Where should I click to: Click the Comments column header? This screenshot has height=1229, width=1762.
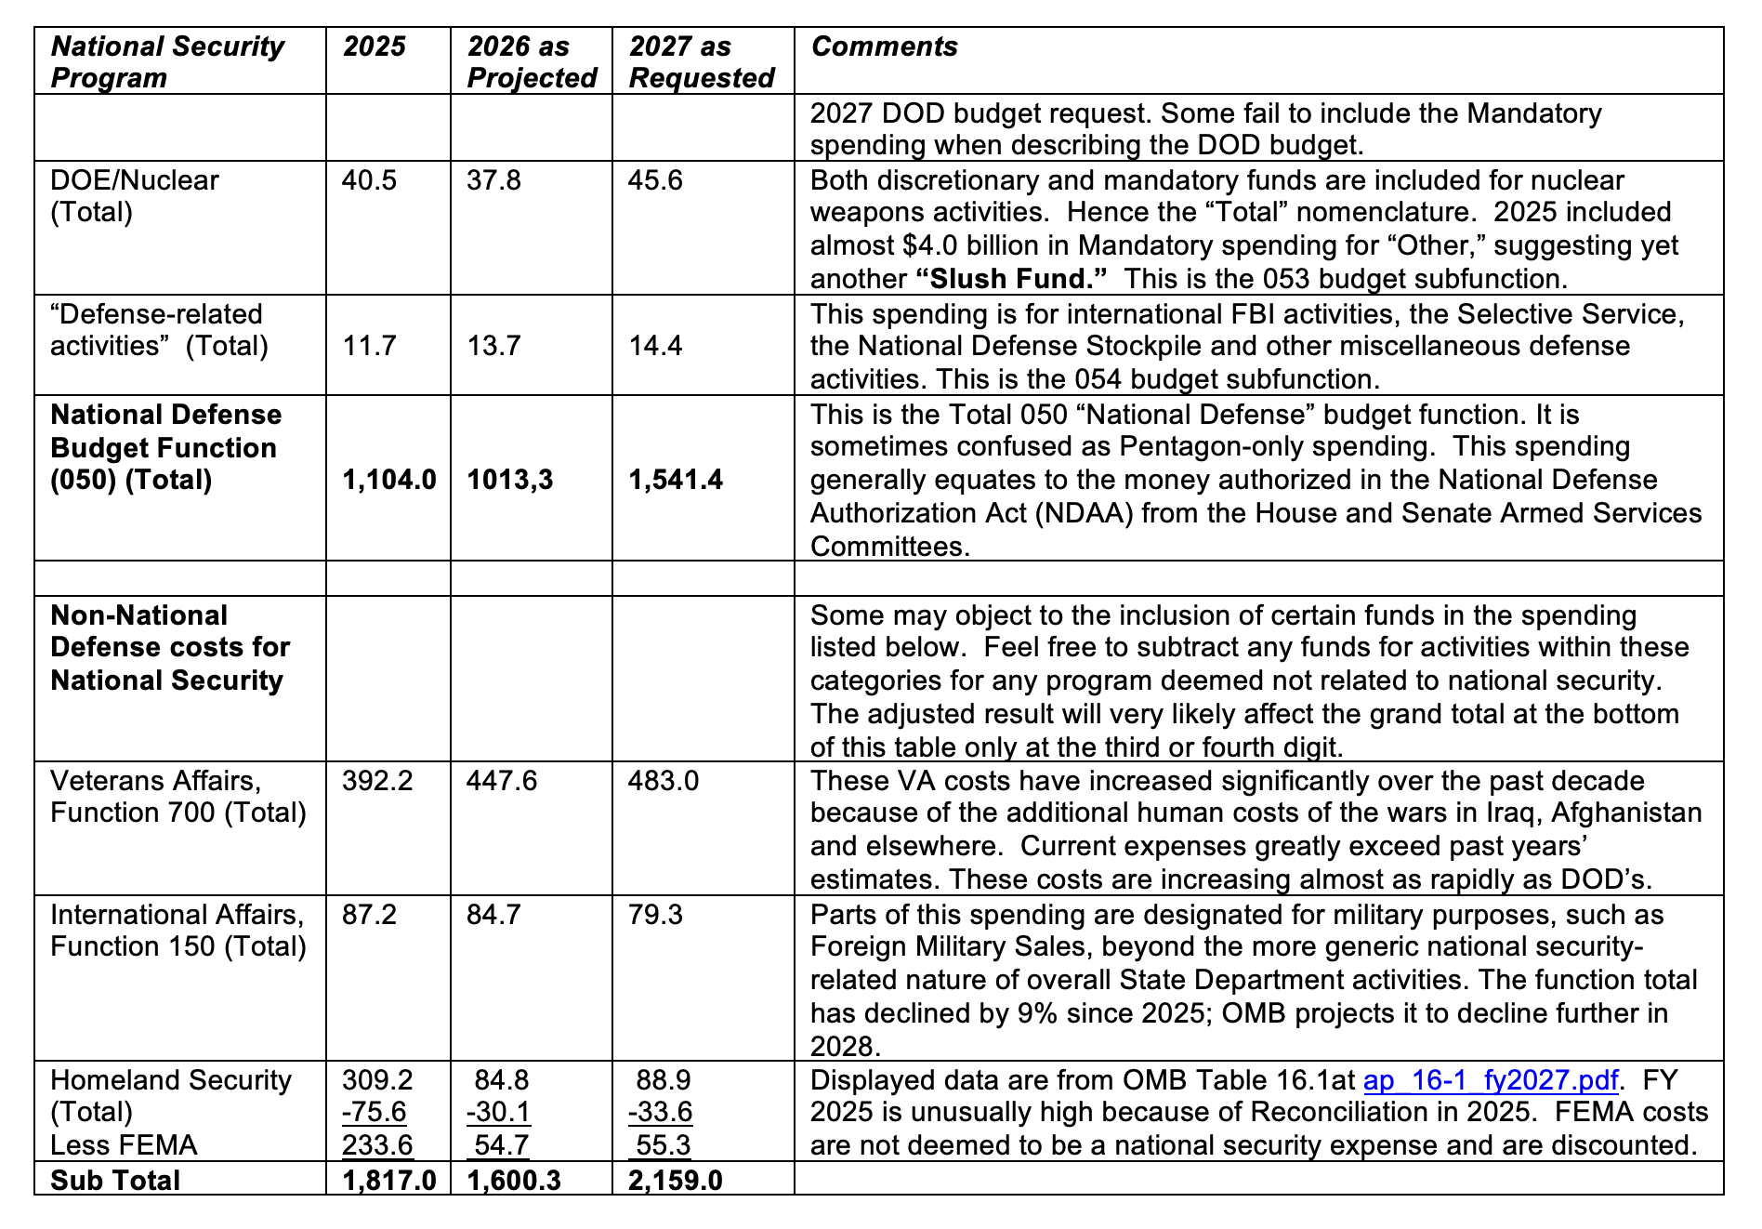884,46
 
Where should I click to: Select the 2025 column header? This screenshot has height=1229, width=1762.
374,46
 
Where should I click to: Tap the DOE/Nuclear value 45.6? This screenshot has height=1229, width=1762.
655,179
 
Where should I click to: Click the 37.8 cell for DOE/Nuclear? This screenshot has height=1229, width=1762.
493,179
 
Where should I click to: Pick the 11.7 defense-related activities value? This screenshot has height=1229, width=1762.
369,346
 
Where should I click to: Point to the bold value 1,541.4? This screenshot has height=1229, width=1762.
676,480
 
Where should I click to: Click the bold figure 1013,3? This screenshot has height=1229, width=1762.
510,480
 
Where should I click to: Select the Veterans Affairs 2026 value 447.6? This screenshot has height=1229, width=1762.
502,780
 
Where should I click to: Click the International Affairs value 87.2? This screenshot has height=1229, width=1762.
369,914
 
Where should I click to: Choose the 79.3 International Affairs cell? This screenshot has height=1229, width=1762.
655,914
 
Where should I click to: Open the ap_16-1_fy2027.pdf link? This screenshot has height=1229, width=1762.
1490,1080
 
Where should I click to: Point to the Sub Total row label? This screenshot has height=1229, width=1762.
115,1180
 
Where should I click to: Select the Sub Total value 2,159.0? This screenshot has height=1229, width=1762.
676,1180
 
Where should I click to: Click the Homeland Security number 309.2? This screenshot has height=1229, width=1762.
377,1079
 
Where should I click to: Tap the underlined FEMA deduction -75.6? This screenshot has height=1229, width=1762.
374,1112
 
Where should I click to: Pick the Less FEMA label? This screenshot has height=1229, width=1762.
124,1145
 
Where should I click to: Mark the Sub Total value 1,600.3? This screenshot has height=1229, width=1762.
514,1180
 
